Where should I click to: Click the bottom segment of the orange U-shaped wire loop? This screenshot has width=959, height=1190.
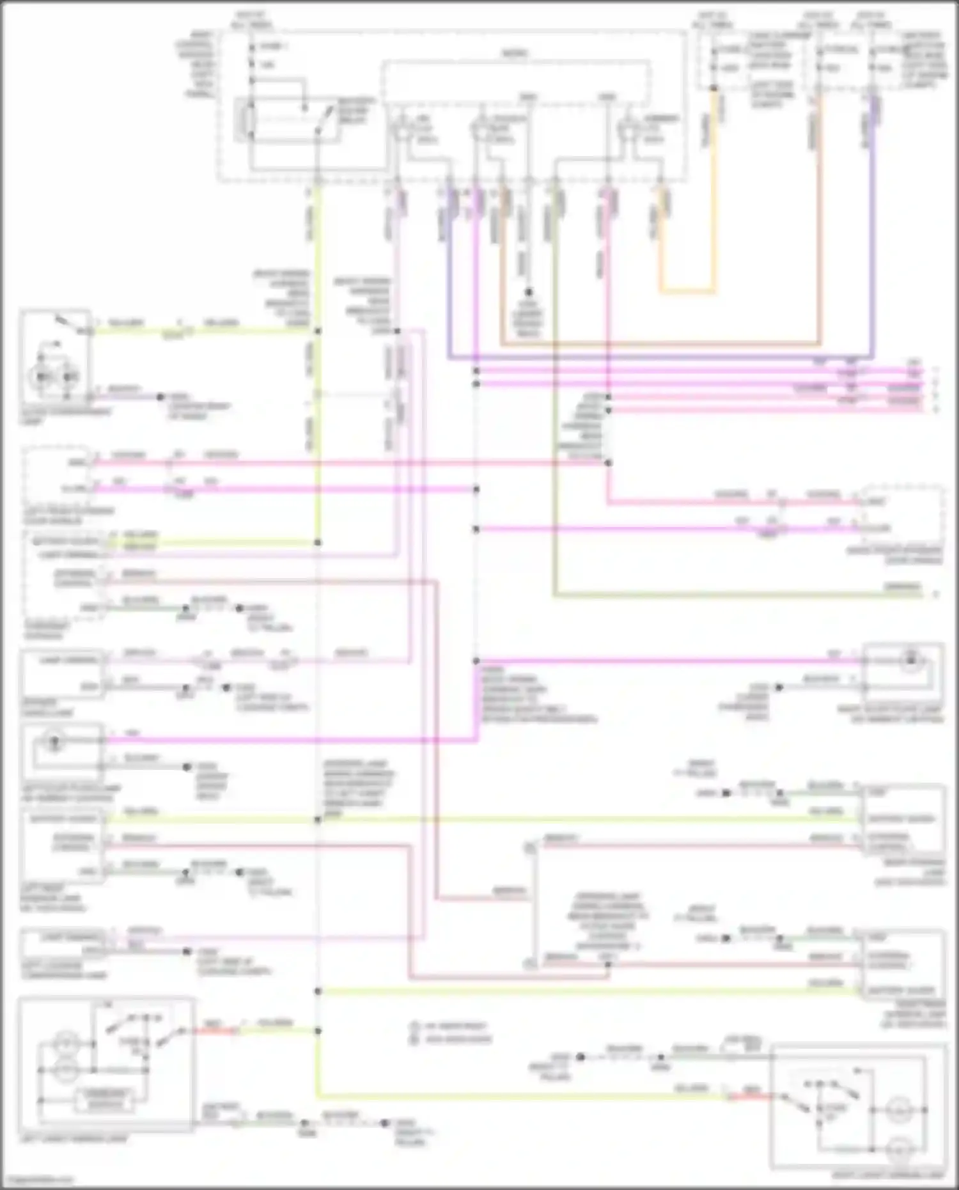pyautogui.click(x=687, y=292)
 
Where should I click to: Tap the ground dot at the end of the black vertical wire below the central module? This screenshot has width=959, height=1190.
pyautogui.click(x=529, y=292)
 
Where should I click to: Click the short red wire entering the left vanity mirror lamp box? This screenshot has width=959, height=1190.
pyautogui.click(x=215, y=1031)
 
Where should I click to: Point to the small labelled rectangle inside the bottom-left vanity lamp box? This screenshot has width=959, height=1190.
pyautogui.click(x=105, y=1099)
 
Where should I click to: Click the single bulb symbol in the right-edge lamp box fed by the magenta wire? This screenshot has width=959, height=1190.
pyautogui.click(x=910, y=659)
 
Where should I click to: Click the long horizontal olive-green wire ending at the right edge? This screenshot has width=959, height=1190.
pyautogui.click(x=735, y=595)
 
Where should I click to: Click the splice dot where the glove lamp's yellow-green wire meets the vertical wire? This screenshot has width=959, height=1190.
pyautogui.click(x=318, y=331)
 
